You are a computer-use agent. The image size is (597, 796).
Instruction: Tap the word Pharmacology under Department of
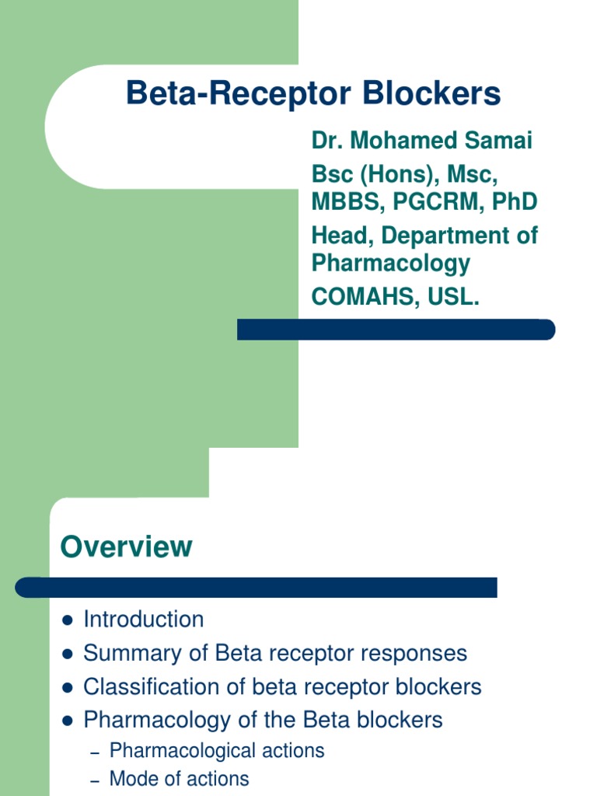(391, 263)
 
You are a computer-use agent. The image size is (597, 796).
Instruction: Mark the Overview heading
(126, 546)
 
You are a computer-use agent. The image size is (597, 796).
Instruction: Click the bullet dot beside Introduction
(68, 620)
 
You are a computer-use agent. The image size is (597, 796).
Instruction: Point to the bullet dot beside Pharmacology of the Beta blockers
(68, 721)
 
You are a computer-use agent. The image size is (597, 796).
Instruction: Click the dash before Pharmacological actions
(96, 752)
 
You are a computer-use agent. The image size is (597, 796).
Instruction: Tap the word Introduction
(144, 620)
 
